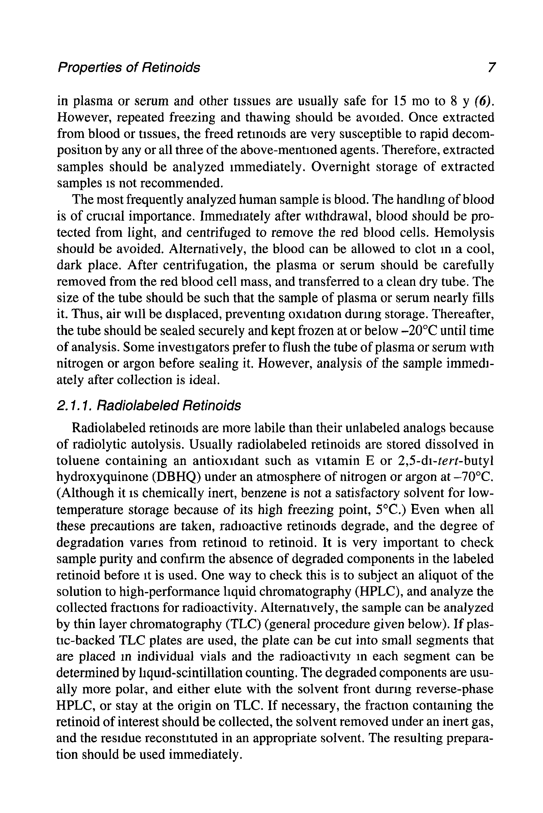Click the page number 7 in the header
point(491,67)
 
